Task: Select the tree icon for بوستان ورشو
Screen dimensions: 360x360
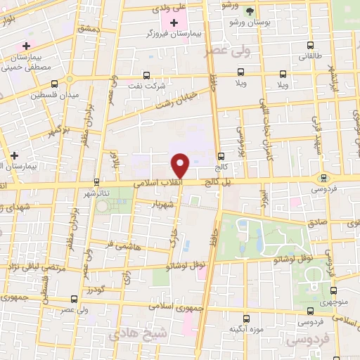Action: pyautogui.click(x=250, y=11)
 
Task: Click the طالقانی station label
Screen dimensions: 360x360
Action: pyautogui.click(x=307, y=56)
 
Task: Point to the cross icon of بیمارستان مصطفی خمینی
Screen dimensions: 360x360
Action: pyautogui.click(x=26, y=46)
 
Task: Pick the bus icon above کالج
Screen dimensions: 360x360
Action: pyautogui.click(x=221, y=157)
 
